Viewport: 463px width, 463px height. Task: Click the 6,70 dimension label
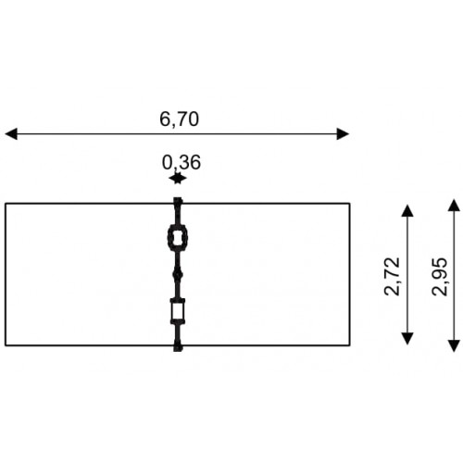(179, 119)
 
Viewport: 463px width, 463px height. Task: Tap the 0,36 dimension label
(181, 162)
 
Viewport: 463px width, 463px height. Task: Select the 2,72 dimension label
(392, 277)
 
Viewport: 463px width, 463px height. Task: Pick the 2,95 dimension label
(440, 277)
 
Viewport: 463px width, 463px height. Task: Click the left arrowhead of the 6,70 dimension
(11, 134)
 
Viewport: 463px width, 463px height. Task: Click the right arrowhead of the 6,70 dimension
(343, 134)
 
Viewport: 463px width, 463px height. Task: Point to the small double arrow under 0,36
(178, 179)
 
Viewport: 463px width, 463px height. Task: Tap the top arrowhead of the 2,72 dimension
(407, 210)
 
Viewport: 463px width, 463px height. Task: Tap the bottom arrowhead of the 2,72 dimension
(407, 339)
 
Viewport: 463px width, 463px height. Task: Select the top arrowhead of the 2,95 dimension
(454, 206)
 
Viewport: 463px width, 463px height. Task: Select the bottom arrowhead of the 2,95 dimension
(454, 345)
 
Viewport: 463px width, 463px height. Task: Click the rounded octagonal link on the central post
(169, 238)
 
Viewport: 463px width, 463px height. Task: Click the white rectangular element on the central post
(178, 311)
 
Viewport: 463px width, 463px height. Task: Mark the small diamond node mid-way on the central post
(178, 274)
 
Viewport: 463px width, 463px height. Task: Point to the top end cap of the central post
(178, 201)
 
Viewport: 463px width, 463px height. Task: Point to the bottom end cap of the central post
(178, 347)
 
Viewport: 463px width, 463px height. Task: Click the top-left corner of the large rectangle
(6, 204)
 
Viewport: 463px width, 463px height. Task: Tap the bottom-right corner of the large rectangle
(349, 345)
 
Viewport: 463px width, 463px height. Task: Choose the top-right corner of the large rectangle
(349, 204)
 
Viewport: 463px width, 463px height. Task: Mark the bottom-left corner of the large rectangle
(6, 345)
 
